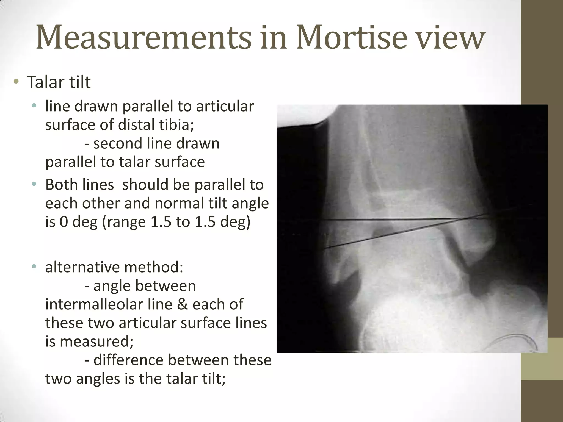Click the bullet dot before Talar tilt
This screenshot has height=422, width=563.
(16, 81)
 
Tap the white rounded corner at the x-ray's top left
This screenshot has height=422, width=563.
(302, 114)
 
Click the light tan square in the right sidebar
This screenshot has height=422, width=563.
(542, 359)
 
